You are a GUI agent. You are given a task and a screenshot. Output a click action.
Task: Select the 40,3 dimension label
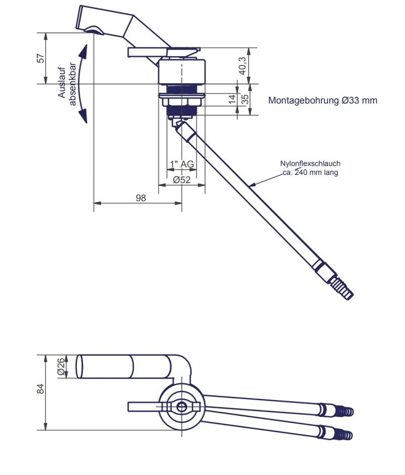[242, 66]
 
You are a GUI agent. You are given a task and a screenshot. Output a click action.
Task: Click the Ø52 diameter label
[181, 179]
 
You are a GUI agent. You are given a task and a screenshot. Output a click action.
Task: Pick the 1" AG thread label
[182, 164]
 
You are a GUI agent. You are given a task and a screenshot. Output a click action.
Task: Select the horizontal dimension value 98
[140, 198]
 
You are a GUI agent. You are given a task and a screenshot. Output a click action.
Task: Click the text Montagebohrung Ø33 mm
[322, 100]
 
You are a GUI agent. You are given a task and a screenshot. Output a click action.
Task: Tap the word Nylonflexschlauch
[310, 164]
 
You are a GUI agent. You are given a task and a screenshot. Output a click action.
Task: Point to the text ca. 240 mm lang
[310, 172]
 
